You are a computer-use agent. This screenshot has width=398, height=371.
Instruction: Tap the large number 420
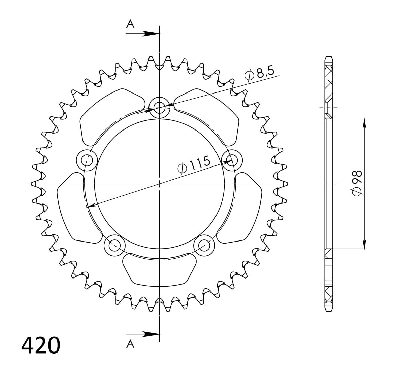(x=41, y=345)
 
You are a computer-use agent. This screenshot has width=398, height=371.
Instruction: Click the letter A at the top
(x=130, y=24)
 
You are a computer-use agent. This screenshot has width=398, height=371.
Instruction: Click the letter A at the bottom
(x=130, y=344)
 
